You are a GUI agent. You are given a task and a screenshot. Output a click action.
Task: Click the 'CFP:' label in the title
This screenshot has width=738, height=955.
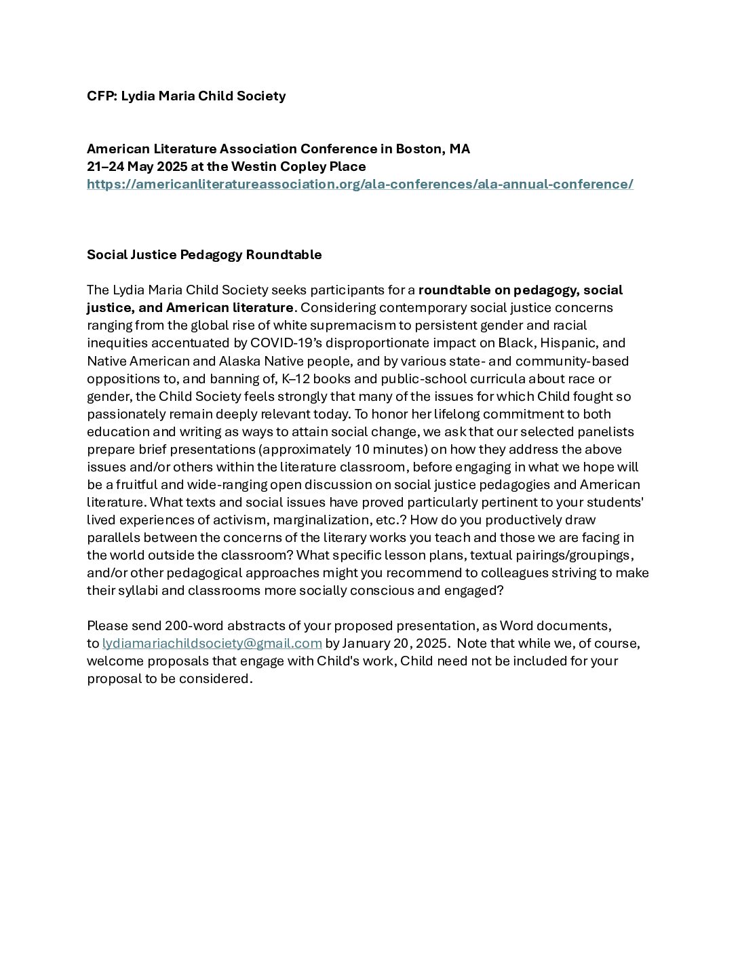(x=102, y=96)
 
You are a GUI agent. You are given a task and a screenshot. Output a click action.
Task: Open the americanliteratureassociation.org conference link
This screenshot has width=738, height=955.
(x=360, y=184)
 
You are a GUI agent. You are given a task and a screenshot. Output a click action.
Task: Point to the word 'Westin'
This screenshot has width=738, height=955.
(x=253, y=167)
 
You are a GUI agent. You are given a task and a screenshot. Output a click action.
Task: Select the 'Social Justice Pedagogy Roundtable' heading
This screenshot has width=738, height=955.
(x=204, y=255)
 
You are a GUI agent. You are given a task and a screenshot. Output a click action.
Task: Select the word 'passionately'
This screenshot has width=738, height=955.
(x=122, y=414)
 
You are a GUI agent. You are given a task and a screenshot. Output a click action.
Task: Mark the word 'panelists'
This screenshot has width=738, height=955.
(x=605, y=431)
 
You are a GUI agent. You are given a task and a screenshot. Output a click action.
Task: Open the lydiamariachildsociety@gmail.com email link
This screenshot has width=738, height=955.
(x=212, y=643)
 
